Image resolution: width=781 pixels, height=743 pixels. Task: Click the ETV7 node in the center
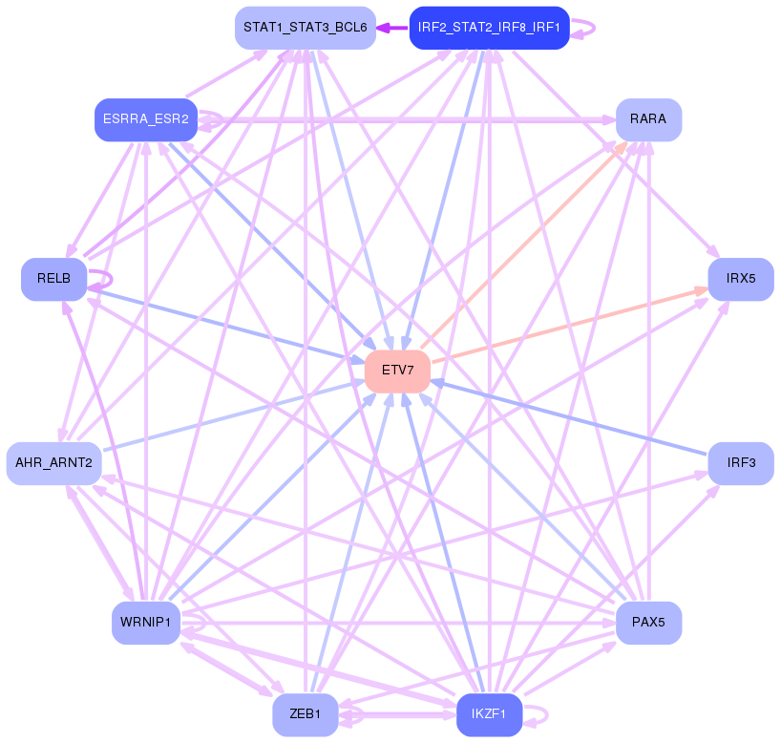pyautogui.click(x=397, y=371)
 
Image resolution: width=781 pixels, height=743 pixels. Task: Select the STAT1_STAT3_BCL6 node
pyautogui.click(x=305, y=28)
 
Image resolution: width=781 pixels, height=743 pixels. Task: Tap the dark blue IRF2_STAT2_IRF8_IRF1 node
pyautogui.click(x=489, y=28)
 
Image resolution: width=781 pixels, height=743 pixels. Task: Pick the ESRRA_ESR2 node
pyautogui.click(x=143, y=119)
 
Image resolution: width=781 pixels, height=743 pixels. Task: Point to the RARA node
pyautogui.click(x=648, y=119)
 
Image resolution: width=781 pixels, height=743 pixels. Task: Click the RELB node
pyautogui.click(x=54, y=279)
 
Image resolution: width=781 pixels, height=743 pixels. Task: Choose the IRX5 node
pyautogui.click(x=740, y=279)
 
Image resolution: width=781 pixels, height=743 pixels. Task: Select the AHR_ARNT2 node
pyautogui.click(x=53, y=463)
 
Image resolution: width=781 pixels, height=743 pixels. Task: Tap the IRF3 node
pyautogui.click(x=740, y=463)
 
